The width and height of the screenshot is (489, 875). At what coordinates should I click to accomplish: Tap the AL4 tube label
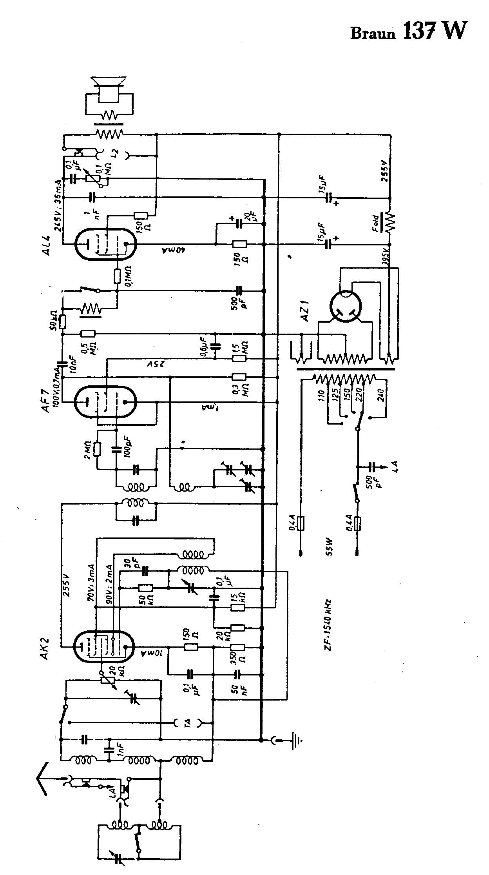point(47,244)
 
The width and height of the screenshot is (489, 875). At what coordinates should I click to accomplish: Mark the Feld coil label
point(375,223)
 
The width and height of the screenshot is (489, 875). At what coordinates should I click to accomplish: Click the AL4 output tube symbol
point(106,244)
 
